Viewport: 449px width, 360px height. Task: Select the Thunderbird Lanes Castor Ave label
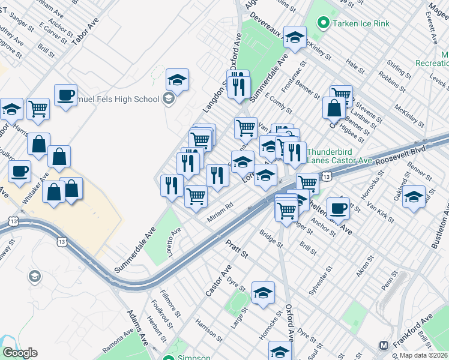coord(340,156)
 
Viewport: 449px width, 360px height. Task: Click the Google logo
coord(20,353)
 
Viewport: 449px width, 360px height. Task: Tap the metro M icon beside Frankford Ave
coord(384,345)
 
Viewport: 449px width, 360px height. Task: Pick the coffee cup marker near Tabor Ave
coord(65,94)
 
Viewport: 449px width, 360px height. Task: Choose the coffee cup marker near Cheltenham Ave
coord(338,207)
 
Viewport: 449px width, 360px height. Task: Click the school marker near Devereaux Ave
coord(295,37)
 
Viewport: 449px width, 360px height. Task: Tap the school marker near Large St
coord(263,292)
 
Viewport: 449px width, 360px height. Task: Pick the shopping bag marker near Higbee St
coord(333,109)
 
